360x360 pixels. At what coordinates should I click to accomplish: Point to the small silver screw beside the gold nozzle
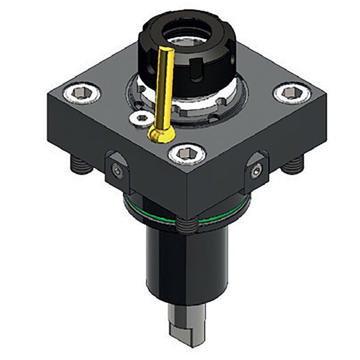(x=141, y=118)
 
